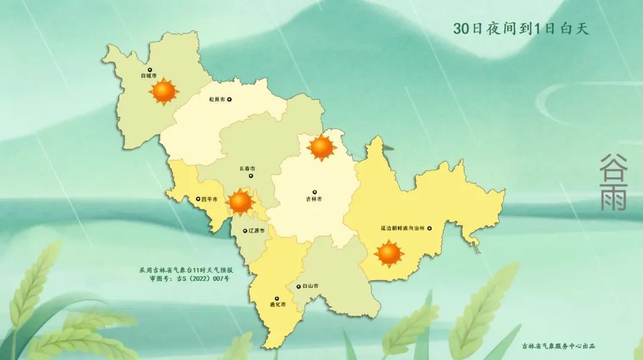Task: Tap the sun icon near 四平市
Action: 241,202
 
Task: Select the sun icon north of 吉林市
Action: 322,147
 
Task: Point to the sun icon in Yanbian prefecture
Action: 389,253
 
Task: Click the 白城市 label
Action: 149,76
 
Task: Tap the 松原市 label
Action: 217,100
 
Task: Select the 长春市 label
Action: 247,168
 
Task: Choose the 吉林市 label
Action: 314,199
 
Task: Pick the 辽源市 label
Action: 257,230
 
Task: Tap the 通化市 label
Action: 277,305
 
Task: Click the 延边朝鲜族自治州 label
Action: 402,228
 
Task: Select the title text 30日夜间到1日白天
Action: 521,29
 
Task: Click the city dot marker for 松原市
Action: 230,100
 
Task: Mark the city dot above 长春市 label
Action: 252,176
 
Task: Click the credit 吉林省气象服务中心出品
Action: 558,346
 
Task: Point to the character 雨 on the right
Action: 613,198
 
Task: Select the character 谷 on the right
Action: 613,166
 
